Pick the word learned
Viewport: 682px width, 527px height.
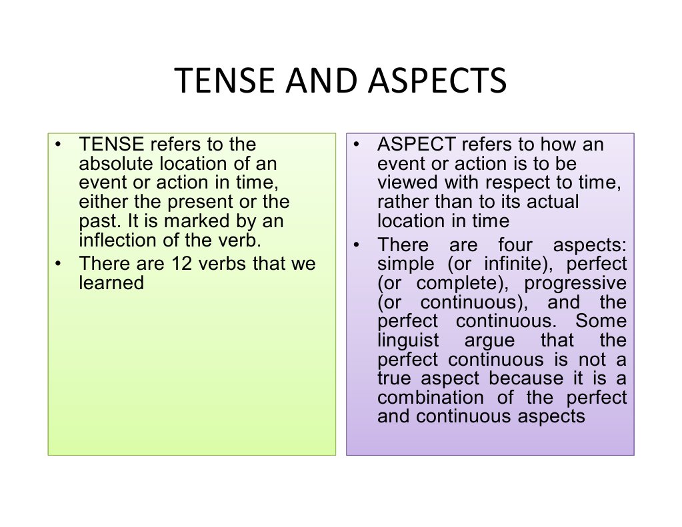(x=111, y=282)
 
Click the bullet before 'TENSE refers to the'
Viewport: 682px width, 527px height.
(x=59, y=145)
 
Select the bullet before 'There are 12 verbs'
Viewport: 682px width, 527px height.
(x=59, y=264)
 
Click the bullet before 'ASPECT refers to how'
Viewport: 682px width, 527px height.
(x=357, y=145)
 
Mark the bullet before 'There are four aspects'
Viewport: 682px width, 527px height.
(x=357, y=245)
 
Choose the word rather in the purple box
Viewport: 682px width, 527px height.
(x=400, y=202)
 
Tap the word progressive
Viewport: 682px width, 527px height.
(x=575, y=283)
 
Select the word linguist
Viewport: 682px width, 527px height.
(x=408, y=340)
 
